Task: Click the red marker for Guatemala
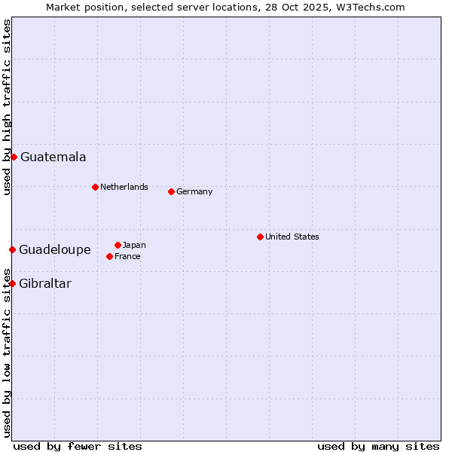coord(14,157)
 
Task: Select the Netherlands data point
coord(95,187)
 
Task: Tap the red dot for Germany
coord(171,191)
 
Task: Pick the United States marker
coord(260,237)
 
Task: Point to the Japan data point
coord(118,245)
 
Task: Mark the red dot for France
coord(110,256)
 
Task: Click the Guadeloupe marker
coord(12,249)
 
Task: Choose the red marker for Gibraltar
coord(12,283)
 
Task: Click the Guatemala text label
coord(53,157)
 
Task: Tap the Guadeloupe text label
coord(55,250)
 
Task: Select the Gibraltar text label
coord(45,284)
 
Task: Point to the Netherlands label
coord(124,187)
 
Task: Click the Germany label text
coord(194,191)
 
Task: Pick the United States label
coord(292,237)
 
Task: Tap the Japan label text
coord(134,245)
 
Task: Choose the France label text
coord(127,256)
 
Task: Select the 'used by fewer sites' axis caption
coord(78,446)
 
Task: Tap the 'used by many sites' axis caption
coord(378,446)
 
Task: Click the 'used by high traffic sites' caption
coord(7,107)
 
